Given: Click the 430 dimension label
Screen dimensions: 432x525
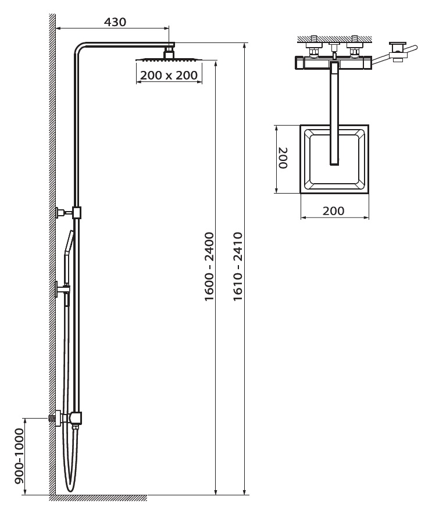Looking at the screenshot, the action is pos(115,22).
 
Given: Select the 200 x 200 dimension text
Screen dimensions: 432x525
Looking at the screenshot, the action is pos(169,75).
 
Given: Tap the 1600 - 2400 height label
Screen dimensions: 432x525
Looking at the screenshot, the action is pos(209,266).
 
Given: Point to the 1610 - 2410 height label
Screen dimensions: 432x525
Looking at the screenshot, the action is pos(238,266).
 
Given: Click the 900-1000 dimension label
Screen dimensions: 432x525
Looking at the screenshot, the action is pos(20,456).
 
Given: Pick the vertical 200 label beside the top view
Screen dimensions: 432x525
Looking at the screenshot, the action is pos(283,158).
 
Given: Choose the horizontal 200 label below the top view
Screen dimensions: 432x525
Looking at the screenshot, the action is pos(333,211).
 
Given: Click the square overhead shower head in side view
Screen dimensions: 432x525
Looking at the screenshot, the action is pos(169,59).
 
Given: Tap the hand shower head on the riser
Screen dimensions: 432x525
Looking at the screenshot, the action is pos(69,242).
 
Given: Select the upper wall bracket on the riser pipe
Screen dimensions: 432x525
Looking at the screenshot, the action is pos(68,212).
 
